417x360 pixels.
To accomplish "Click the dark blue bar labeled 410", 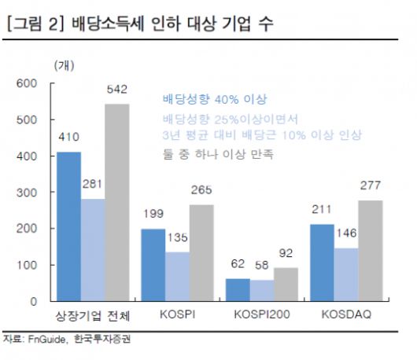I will point(68,226).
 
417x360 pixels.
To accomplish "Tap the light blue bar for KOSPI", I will point(177,276).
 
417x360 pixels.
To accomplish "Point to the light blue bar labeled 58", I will point(261,290).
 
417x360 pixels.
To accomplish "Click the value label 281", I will point(93,186).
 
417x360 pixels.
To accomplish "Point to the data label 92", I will point(286,254).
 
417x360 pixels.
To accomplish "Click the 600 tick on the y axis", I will point(28,83).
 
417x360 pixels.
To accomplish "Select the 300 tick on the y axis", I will point(28,193).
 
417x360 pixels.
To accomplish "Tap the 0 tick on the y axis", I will point(34,302).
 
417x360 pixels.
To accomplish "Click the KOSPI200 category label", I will point(260,316).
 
